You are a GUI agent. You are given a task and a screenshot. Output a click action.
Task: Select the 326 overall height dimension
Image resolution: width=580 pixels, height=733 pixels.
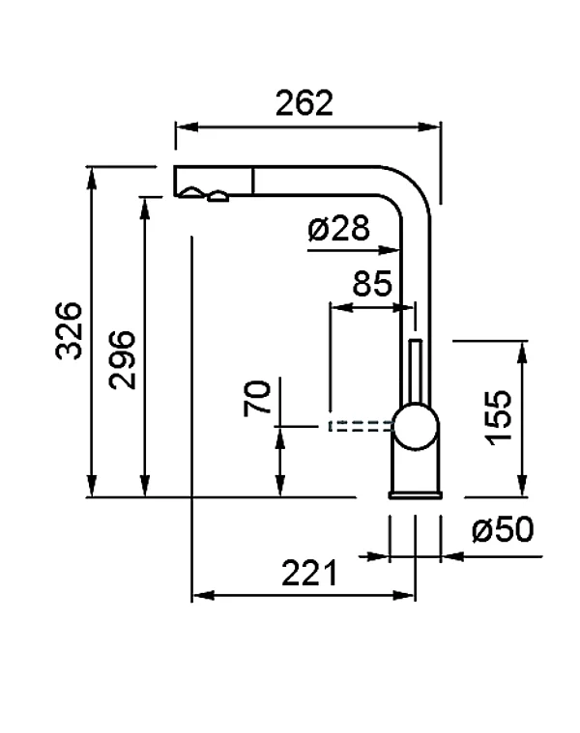(x=67, y=331)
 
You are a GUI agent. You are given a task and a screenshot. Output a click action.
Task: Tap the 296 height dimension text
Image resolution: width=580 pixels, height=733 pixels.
(x=121, y=359)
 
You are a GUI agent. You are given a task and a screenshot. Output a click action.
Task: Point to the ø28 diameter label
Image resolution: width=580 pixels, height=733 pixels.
(x=338, y=229)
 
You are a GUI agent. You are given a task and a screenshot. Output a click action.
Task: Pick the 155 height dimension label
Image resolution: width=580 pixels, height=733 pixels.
(x=498, y=416)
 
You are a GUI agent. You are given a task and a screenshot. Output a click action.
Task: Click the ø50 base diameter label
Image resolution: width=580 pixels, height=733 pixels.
(x=502, y=530)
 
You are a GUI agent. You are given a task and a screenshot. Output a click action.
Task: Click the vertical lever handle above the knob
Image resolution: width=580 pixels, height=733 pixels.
(x=417, y=372)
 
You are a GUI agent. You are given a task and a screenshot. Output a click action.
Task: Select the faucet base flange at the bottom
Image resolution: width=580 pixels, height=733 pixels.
(x=417, y=495)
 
